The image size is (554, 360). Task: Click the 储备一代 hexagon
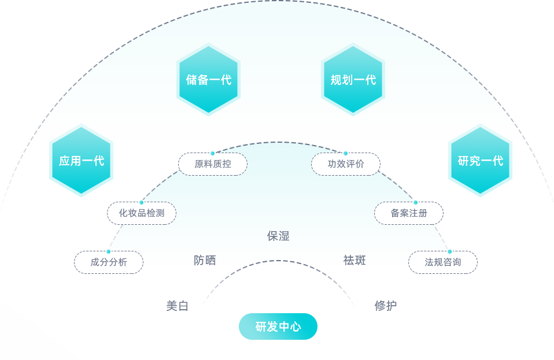(208, 79)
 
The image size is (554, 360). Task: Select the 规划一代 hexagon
(353, 79)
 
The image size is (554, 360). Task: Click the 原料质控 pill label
(213, 164)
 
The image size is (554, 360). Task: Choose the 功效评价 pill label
(346, 164)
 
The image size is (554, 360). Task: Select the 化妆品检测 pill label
(142, 213)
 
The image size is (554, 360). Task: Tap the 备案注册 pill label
(409, 213)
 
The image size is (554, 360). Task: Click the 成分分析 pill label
(109, 262)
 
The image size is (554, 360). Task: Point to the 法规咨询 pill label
(443, 262)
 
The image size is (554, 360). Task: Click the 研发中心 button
(278, 326)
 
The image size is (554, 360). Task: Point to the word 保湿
(278, 236)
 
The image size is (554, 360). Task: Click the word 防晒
(205, 261)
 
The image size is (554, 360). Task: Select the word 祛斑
(354, 261)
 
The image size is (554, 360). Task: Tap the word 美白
(177, 306)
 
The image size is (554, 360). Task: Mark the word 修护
(385, 306)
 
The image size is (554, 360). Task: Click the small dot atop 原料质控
(213, 153)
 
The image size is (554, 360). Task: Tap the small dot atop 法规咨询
(449, 251)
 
